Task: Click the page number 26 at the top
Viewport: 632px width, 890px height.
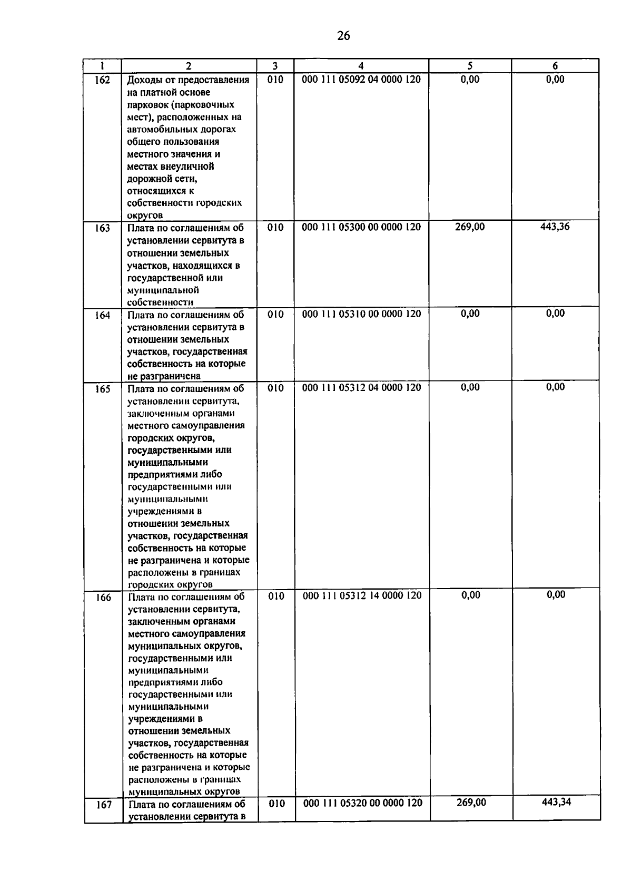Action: click(x=343, y=36)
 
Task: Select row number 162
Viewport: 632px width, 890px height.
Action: click(x=103, y=80)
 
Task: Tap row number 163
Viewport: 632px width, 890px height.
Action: click(x=103, y=228)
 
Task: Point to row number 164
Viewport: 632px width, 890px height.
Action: click(x=103, y=315)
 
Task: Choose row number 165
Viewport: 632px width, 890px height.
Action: click(x=103, y=389)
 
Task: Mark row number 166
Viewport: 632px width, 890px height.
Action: click(x=103, y=598)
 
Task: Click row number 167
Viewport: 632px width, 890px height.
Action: click(x=104, y=805)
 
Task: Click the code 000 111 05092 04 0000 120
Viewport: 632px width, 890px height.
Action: click(x=361, y=80)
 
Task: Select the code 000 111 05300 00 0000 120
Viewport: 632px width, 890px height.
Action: click(x=361, y=227)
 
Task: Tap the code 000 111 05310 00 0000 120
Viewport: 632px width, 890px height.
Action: click(x=361, y=314)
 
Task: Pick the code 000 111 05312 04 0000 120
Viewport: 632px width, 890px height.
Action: click(x=361, y=387)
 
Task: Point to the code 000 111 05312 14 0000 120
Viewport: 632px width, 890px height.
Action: click(x=362, y=595)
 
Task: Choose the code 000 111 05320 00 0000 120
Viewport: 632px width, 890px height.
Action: click(x=363, y=803)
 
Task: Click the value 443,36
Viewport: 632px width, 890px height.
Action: click(x=555, y=227)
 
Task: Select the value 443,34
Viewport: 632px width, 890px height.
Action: click(x=556, y=802)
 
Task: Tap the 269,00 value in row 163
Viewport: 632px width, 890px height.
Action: click(x=470, y=227)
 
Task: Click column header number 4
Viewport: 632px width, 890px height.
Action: click(x=361, y=66)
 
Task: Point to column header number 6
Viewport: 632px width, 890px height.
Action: click(x=555, y=66)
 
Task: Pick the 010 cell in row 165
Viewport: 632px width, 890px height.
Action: click(x=275, y=388)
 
